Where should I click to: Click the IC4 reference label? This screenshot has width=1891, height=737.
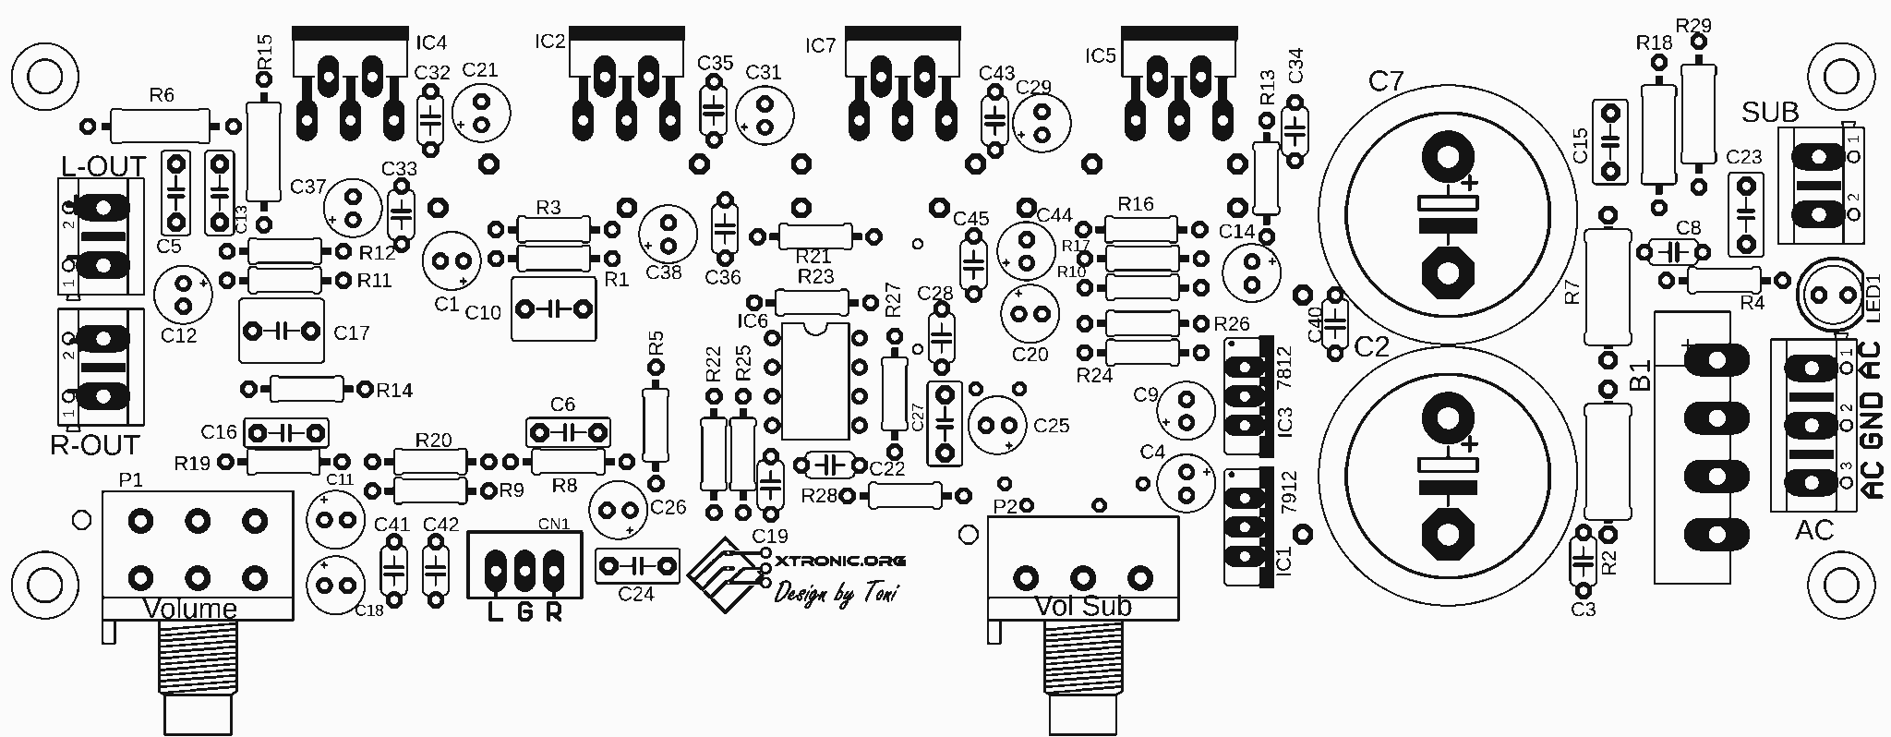click(431, 42)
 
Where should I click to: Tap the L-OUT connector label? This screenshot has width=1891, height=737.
click(103, 166)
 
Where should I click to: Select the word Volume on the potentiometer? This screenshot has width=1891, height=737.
click(189, 609)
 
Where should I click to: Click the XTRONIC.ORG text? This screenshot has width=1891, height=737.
click(840, 561)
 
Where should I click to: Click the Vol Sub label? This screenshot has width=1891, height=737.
click(1083, 607)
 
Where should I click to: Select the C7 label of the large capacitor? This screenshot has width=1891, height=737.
click(1385, 82)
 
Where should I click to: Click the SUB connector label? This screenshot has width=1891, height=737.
click(1770, 113)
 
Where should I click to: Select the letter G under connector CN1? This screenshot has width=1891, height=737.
click(524, 611)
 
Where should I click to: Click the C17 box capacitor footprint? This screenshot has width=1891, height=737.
click(281, 330)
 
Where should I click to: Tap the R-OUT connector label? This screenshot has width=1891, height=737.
click(94, 445)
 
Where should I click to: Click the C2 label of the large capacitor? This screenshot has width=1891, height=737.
click(1371, 347)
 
